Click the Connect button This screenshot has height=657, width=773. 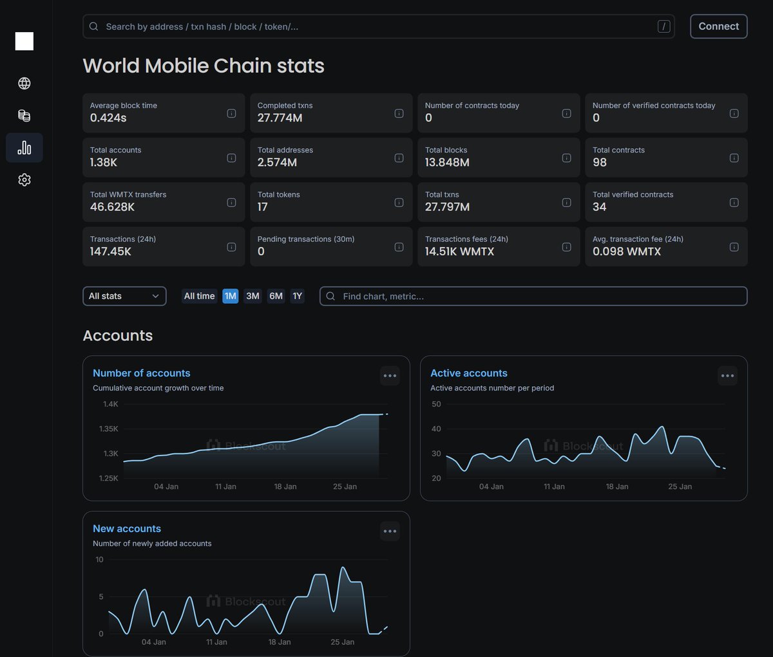tap(718, 26)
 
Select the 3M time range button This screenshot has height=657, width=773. tap(253, 296)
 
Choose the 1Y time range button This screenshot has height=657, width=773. tap(297, 296)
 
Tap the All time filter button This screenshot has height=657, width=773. tap(199, 296)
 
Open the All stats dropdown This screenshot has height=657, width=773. tap(124, 296)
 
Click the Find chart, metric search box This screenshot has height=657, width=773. tap(533, 296)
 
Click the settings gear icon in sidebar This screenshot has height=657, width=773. tap(24, 180)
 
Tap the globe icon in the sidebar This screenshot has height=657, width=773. tap(24, 83)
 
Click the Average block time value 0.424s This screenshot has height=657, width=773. tap(108, 118)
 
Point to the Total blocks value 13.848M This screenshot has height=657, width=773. tap(447, 162)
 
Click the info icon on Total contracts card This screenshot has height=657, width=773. tap(734, 158)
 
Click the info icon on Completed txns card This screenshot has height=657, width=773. tap(399, 113)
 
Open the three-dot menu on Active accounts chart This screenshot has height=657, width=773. tap(727, 376)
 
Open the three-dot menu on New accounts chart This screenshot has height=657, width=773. tap(390, 531)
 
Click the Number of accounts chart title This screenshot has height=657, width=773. tap(142, 373)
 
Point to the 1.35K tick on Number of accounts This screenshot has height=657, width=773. tap(109, 429)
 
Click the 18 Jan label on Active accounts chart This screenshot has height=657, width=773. tap(617, 486)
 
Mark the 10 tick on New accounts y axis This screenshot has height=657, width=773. tap(99, 560)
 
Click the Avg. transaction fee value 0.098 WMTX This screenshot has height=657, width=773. tap(627, 252)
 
